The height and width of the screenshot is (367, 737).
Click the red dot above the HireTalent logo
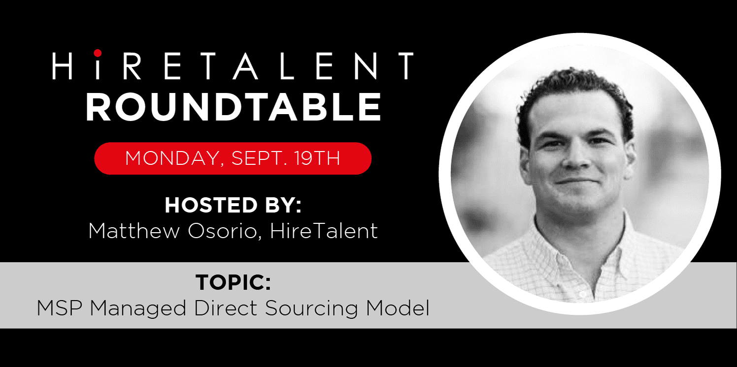(x=98, y=53)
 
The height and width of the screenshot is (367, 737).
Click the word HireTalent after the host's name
(x=324, y=230)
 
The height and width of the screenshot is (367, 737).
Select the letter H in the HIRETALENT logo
(x=63, y=66)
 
